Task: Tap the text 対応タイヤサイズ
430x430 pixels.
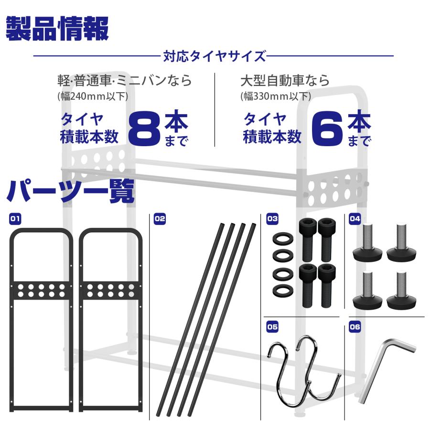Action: pos(214,56)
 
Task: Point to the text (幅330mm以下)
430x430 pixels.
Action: pos(276,96)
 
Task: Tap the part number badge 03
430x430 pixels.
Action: pos(272,219)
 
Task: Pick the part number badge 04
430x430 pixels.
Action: pos(355,219)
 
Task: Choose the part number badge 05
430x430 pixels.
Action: pos(272,327)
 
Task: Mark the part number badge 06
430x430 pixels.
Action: pos(355,327)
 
